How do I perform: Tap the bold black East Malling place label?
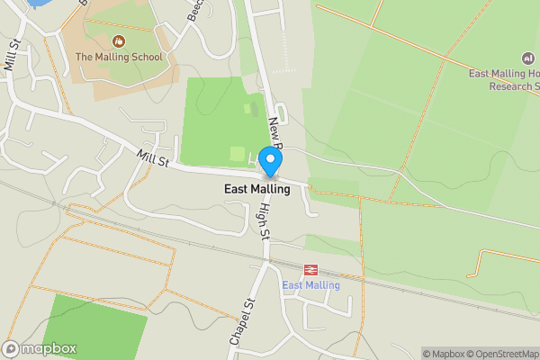point(257,189)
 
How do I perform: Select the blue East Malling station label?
point(311,285)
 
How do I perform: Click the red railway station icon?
point(311,269)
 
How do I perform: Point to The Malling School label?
point(119,58)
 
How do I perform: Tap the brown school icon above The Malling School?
point(118,41)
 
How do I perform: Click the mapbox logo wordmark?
point(49,348)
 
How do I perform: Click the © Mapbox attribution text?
point(444,354)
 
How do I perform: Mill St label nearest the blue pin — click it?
point(153,158)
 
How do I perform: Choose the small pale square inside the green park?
point(237,153)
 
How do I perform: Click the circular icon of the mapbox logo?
point(11,348)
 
